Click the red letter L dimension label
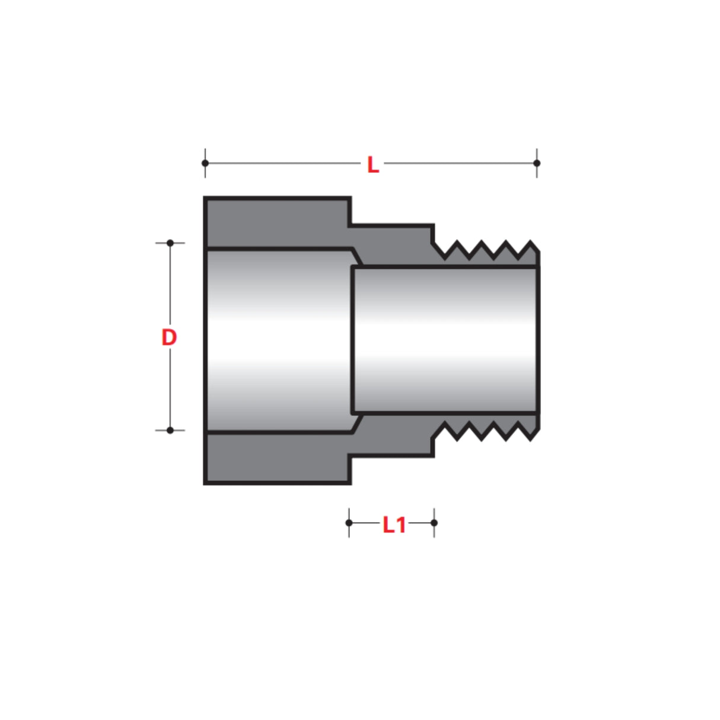(x=372, y=164)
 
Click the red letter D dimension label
(x=169, y=337)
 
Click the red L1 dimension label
(x=394, y=524)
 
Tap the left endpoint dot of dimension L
(x=205, y=163)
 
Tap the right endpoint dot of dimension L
(x=537, y=163)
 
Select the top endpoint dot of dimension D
(x=170, y=243)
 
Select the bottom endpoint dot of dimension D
(x=170, y=430)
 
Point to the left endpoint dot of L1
(x=349, y=523)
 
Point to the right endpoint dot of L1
(x=434, y=523)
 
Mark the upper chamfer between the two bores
(x=356, y=257)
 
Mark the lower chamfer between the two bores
(x=356, y=423)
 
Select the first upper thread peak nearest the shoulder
(x=457, y=243)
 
